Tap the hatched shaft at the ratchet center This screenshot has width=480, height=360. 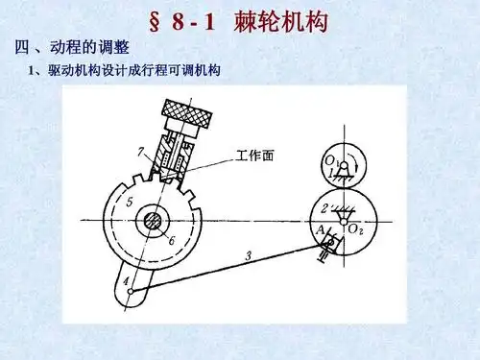[x=152, y=221]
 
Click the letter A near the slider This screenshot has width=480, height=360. [x=320, y=228]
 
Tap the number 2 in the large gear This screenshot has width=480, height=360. [x=326, y=205]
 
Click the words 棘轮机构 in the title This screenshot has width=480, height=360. [x=277, y=20]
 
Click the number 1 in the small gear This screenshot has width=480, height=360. [x=332, y=174]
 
